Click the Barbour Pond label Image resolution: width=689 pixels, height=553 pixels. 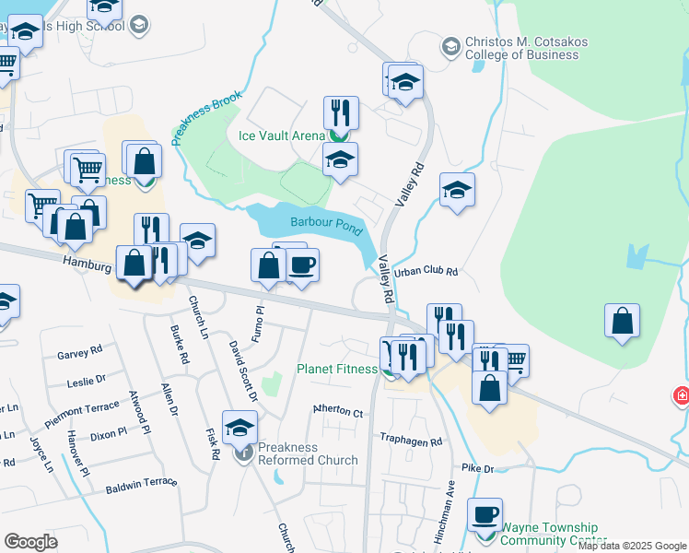tap(326, 222)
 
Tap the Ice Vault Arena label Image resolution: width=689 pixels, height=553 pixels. tap(282, 135)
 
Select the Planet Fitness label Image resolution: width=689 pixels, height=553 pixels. tap(336, 370)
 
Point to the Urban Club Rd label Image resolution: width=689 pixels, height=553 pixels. tap(426, 272)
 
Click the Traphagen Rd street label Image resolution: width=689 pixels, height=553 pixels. tap(413, 441)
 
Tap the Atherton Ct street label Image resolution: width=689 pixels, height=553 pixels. tap(338, 413)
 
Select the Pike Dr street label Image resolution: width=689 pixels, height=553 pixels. tap(478, 469)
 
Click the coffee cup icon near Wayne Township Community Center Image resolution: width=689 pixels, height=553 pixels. tap(484, 513)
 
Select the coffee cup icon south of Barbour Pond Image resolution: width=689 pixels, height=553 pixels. tap(302, 265)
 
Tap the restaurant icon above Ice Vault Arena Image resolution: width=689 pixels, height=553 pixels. tap(341, 112)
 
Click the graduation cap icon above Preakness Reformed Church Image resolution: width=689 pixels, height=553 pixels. tap(239, 427)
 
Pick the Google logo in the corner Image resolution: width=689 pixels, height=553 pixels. tap(31, 542)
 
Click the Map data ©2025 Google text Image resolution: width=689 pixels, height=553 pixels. tap(633, 547)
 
